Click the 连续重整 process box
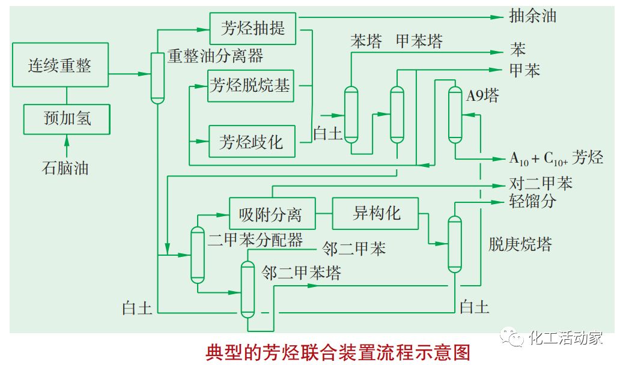click(x=59, y=65)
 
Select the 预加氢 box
click(x=67, y=118)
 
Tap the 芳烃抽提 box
click(x=253, y=28)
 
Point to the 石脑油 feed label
click(x=65, y=167)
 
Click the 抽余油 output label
click(x=532, y=16)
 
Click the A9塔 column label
click(x=482, y=97)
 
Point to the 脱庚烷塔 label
click(x=520, y=244)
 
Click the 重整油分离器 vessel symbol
click(x=157, y=78)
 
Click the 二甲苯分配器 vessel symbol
click(x=198, y=255)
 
